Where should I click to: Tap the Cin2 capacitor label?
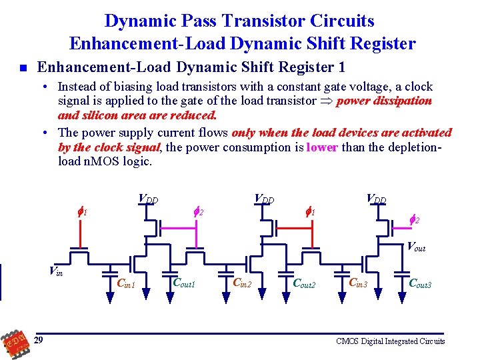241,283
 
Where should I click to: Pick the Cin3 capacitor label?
361,283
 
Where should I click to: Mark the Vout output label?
417,247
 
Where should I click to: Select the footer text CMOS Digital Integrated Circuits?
390,341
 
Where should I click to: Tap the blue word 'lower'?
322,147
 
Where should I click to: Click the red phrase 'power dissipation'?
385,101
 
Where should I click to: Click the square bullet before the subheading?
23,68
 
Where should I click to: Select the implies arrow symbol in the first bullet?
327,101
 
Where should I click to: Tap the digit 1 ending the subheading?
341,67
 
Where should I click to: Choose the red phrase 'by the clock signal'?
109,147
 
